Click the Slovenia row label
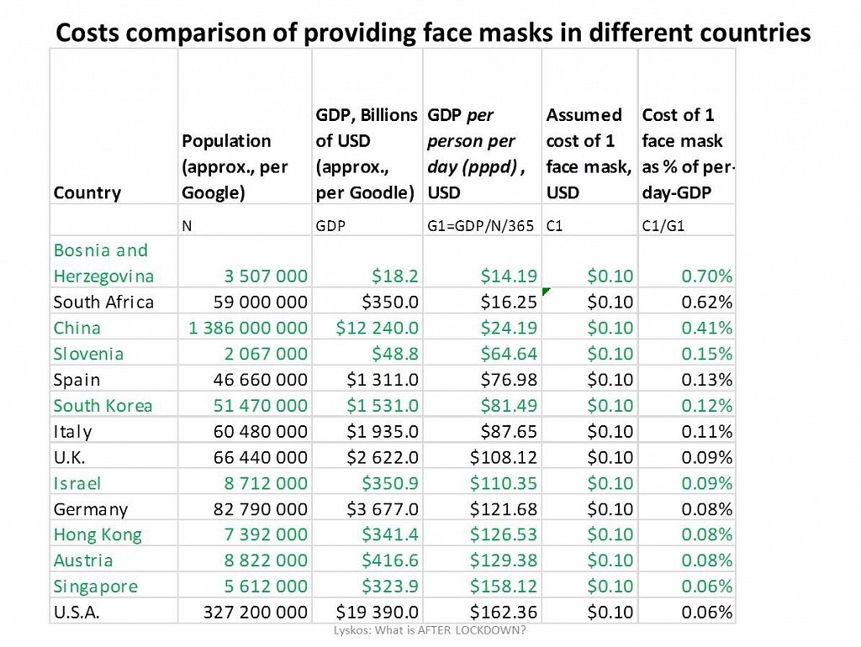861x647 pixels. tap(88, 354)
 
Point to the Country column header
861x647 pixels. tap(87, 192)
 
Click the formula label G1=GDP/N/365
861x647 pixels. tap(482, 226)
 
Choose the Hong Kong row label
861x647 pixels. tap(98, 535)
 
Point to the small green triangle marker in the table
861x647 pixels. tap(547, 291)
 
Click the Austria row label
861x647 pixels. tap(83, 560)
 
